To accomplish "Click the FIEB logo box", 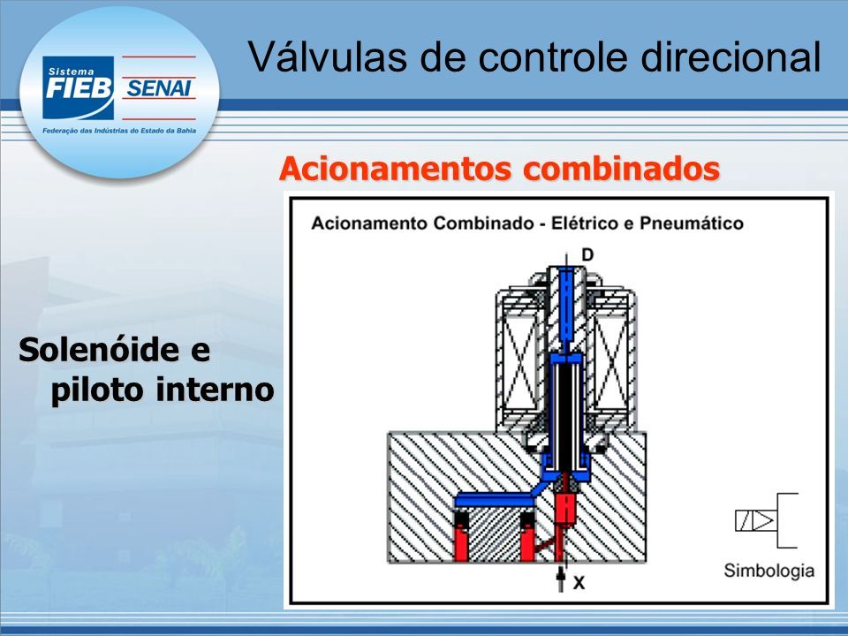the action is click(79, 87).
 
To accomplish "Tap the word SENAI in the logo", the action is click(158, 88).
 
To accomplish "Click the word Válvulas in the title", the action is click(327, 57).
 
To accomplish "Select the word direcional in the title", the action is click(731, 57).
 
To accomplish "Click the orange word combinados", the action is click(621, 168).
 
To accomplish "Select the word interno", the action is click(216, 390).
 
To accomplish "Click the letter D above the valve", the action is click(587, 254).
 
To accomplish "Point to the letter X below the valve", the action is click(579, 582).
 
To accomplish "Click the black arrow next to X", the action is click(561, 578).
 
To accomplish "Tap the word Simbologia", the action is click(769, 571).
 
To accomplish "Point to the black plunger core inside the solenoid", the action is click(565, 416).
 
